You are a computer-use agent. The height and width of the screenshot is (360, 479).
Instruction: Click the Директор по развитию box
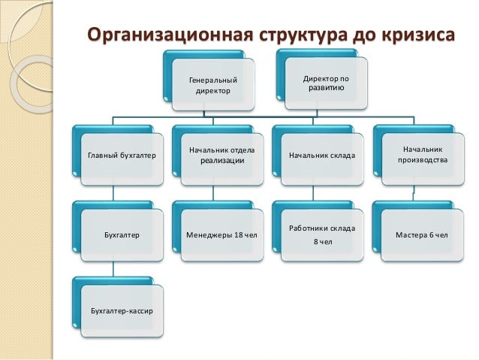(325, 83)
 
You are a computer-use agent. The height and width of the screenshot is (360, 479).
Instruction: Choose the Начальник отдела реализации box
(221, 156)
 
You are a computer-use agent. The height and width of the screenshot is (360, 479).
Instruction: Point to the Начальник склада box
(322, 156)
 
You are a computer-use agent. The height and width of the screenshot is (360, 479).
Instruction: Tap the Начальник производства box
(422, 156)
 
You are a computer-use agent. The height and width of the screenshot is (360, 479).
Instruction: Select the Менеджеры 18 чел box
(221, 234)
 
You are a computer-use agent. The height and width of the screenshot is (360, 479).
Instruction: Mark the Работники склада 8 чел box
(322, 234)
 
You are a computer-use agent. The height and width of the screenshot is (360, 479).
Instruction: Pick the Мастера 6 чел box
(422, 234)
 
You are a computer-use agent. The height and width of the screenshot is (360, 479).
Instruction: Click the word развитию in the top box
(325, 88)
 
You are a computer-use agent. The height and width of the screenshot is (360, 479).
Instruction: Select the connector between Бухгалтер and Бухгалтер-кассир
(113, 270)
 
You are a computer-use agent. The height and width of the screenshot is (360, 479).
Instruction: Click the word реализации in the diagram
(221, 161)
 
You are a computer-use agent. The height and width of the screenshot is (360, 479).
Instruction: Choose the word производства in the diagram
(423, 161)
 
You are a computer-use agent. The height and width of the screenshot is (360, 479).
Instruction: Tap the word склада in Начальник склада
(342, 156)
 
